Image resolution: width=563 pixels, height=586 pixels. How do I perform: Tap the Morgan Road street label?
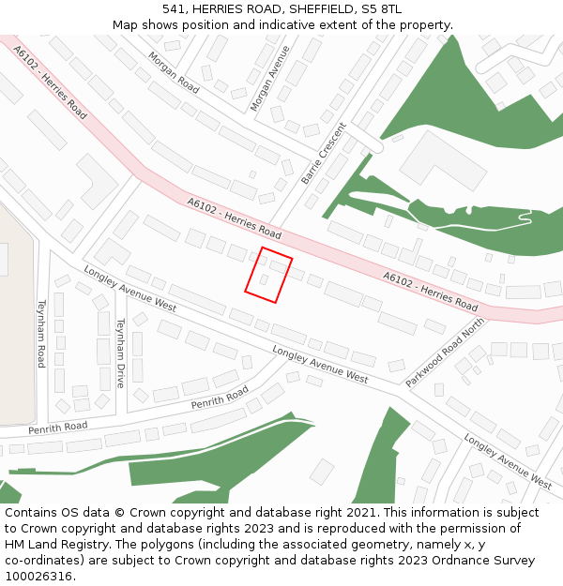pyautogui.click(x=174, y=72)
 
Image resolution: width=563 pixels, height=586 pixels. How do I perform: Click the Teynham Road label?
pyautogui.click(x=41, y=333)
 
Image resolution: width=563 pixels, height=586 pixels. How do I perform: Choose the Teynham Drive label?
pyautogui.click(x=120, y=353)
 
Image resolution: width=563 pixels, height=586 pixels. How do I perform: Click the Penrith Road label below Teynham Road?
pyautogui.click(x=58, y=427)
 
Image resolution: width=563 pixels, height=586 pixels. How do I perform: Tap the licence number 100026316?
pyautogui.click(x=38, y=577)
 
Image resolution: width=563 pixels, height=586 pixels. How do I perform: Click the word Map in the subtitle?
pyautogui.click(x=125, y=25)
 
